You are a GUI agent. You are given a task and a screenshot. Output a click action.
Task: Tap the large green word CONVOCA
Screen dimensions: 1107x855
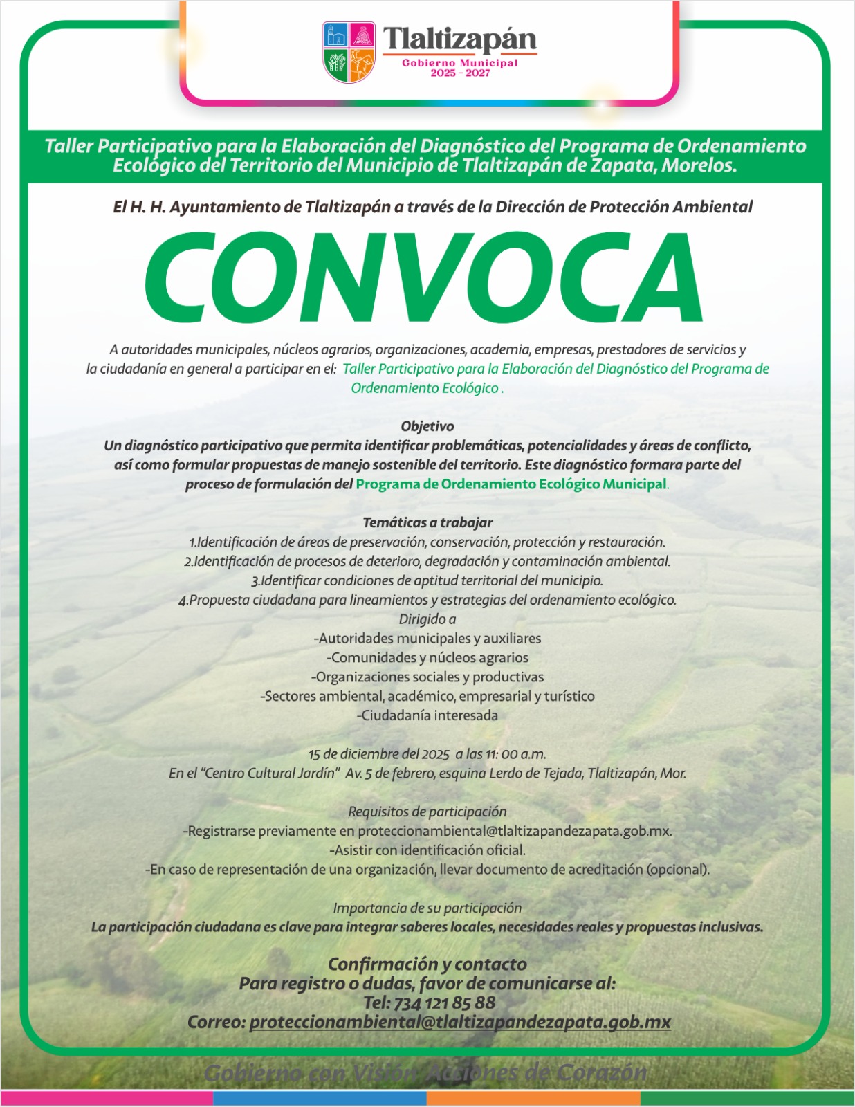click(x=423, y=278)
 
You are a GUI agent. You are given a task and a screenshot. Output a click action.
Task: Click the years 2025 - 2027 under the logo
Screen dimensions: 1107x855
click(x=460, y=73)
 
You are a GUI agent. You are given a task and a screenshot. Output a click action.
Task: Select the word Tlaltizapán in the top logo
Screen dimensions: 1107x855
click(x=460, y=39)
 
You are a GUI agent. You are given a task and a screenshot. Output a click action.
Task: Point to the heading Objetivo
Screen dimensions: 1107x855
click(x=427, y=426)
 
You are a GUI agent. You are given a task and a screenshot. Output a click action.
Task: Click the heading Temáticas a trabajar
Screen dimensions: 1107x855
click(x=427, y=522)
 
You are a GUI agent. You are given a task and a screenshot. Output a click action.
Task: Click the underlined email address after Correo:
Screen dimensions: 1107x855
click(x=460, y=1022)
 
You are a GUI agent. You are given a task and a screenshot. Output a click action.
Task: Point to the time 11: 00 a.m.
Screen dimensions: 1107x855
click(x=516, y=754)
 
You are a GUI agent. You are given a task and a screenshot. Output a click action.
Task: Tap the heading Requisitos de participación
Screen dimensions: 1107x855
click(x=427, y=812)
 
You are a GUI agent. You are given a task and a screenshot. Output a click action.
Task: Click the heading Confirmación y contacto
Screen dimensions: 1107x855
click(x=427, y=964)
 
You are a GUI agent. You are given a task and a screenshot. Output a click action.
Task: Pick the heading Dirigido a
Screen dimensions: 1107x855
click(x=427, y=619)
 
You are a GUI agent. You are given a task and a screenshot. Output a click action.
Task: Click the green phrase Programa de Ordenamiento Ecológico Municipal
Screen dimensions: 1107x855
click(x=511, y=484)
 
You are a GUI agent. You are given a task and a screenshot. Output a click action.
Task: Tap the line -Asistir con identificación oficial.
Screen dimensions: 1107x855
click(x=427, y=850)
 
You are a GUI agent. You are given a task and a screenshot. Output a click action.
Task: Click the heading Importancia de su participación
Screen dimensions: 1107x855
click(x=427, y=908)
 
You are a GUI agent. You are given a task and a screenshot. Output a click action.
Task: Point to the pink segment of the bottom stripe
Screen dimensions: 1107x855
click(x=107, y=1098)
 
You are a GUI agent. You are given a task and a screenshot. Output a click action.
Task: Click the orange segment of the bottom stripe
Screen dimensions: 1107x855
click(x=533, y=1098)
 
